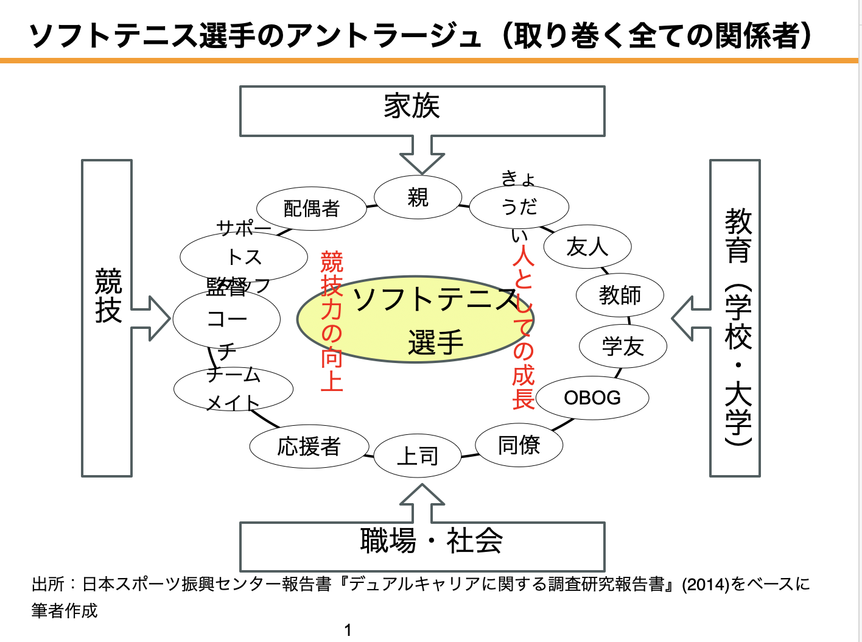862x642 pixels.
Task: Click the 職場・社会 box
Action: [x=422, y=545]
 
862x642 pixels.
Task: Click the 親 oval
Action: [x=418, y=197]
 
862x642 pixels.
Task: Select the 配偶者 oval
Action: [x=311, y=208]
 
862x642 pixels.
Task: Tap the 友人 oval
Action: [x=587, y=247]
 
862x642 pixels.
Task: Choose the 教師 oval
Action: [x=620, y=295]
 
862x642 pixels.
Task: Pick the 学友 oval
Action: [x=623, y=347]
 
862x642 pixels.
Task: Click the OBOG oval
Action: [x=592, y=398]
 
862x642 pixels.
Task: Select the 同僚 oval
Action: [x=519, y=445]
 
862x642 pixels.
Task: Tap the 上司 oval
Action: [x=418, y=456]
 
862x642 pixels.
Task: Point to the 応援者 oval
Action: [x=309, y=446]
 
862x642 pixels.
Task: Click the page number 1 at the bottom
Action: [x=348, y=630]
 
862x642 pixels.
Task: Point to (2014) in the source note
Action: [x=706, y=585]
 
